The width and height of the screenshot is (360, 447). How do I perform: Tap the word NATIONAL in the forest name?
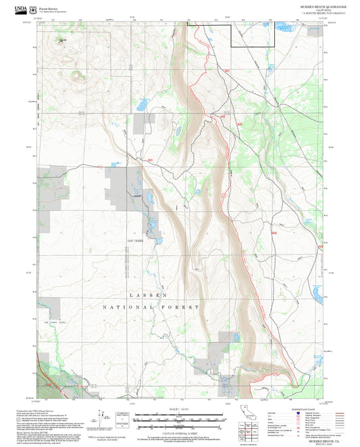click(122, 307)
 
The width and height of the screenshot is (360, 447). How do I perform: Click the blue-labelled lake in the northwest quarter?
click(141, 106)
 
